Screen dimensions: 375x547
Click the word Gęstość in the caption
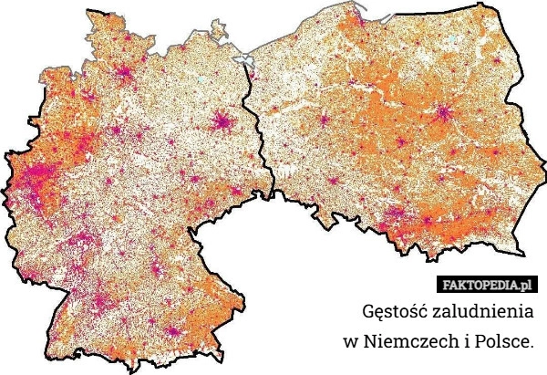(397, 312)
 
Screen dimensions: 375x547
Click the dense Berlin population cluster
(222, 120)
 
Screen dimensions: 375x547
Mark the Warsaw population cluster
(444, 114)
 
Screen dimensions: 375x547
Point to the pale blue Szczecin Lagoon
(243, 61)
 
